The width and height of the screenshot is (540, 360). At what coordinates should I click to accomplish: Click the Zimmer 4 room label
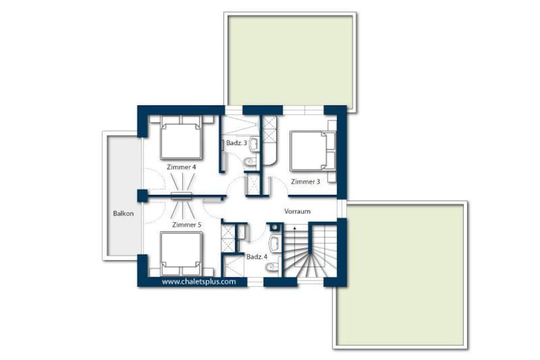181,167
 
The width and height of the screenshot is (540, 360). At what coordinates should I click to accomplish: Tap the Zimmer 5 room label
187,225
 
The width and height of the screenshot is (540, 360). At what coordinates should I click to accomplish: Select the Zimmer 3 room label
305,181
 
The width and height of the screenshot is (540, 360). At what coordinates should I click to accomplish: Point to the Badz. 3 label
237,143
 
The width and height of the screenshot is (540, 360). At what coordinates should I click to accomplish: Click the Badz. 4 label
257,257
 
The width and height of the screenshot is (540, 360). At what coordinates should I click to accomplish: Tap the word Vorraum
297,211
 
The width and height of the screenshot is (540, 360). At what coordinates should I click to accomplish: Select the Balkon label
123,213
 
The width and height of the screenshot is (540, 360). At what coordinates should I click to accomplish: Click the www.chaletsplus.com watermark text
199,281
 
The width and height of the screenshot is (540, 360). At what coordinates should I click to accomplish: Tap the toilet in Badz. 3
249,161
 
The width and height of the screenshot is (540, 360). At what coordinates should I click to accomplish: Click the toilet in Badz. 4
274,267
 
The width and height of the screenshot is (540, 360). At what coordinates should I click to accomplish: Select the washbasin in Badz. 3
254,144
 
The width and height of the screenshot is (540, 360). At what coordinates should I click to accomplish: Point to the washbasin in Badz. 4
275,244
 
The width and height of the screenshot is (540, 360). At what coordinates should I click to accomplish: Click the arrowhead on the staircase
294,228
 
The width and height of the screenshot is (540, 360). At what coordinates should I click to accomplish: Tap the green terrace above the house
291,61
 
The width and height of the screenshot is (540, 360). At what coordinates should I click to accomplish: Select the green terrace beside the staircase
401,275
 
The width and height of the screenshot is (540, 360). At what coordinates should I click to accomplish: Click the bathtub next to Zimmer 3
269,141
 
